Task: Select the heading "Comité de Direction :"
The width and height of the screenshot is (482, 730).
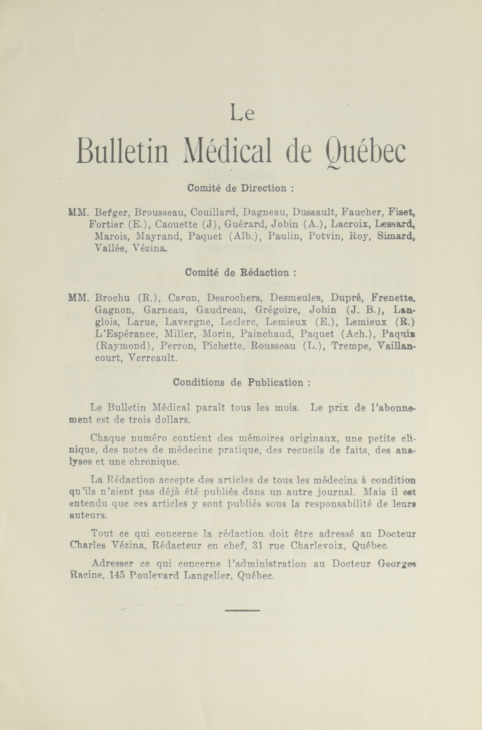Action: (241, 188)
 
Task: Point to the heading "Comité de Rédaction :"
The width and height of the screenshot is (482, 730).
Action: (241, 272)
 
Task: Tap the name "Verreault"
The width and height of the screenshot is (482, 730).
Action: (153, 358)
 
